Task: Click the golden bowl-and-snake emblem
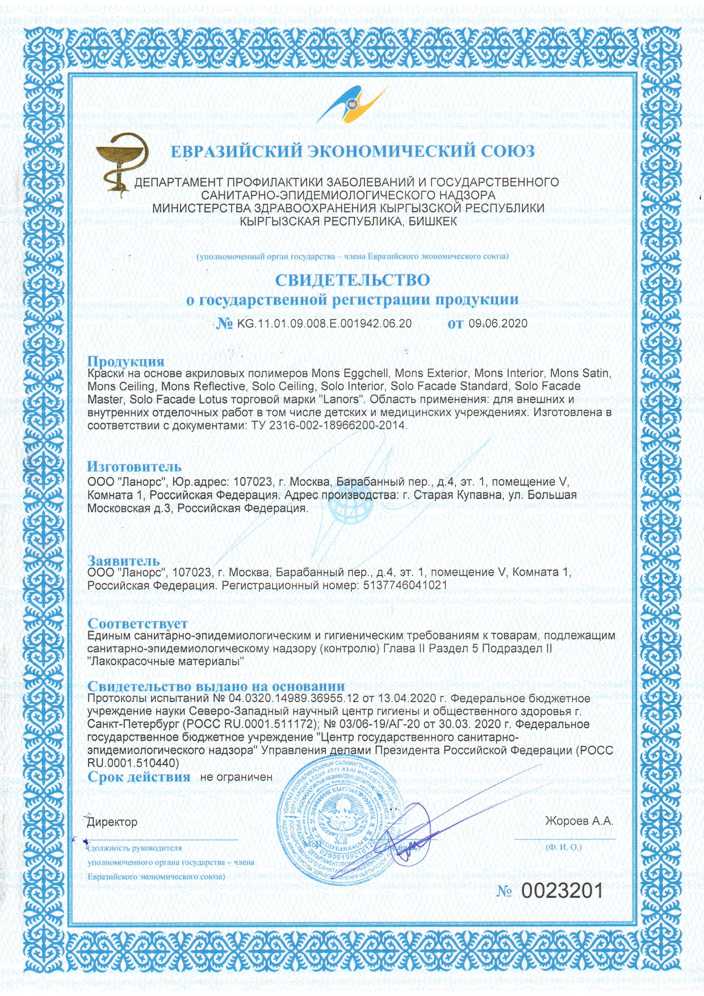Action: pyautogui.click(x=123, y=165)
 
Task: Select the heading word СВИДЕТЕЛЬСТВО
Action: pyautogui.click(x=352, y=280)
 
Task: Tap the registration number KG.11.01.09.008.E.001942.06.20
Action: pyautogui.click(x=324, y=324)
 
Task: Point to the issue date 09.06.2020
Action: pyautogui.click(x=498, y=324)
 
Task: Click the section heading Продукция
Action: pyautogui.click(x=125, y=362)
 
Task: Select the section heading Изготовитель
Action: pyautogui.click(x=134, y=467)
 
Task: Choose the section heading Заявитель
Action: pyautogui.click(x=124, y=561)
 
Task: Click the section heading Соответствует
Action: pyautogui.click(x=137, y=624)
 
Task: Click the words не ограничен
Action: pyautogui.click(x=236, y=777)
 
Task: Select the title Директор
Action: pyautogui.click(x=112, y=822)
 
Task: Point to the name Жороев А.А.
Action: pyautogui.click(x=579, y=821)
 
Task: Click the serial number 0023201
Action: pyautogui.click(x=562, y=891)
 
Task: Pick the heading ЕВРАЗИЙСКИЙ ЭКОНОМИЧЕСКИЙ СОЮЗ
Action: pyautogui.click(x=353, y=152)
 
